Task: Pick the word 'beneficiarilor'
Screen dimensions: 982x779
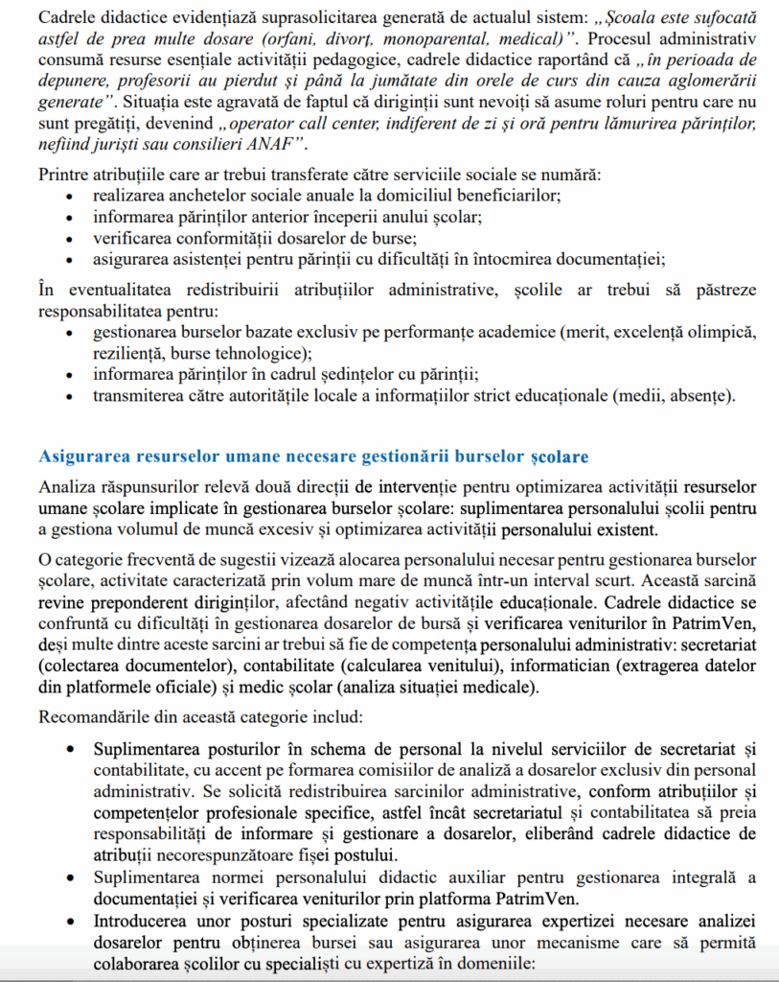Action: [x=506, y=195]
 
